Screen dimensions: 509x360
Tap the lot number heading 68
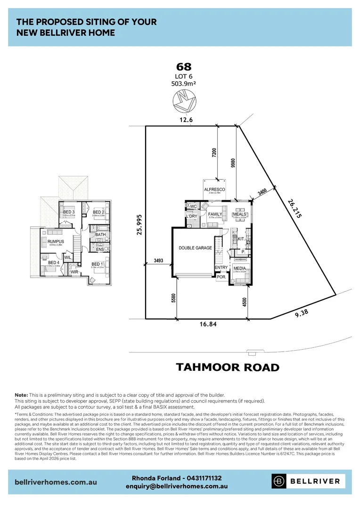click(x=184, y=67)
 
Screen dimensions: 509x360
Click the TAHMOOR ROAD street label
click(x=228, y=367)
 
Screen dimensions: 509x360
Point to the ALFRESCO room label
click(x=214, y=189)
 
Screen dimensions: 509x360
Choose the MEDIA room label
click(x=240, y=268)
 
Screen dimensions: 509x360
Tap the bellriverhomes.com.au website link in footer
click(x=56, y=482)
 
